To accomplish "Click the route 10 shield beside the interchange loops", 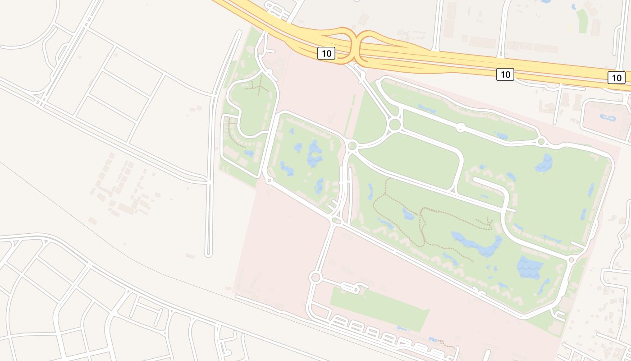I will click(x=326, y=53).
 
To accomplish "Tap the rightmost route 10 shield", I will click(x=617, y=78).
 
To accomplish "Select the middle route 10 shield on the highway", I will click(x=505, y=74).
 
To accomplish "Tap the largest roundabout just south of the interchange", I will click(x=395, y=124).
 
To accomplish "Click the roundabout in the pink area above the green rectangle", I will click(x=315, y=277).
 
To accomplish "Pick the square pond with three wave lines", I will click(x=530, y=267).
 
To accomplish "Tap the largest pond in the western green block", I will click(x=314, y=153).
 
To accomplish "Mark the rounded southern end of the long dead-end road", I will click(x=208, y=255).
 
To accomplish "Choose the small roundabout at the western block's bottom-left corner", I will click(x=269, y=181).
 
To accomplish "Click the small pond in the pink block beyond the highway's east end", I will click(x=607, y=118).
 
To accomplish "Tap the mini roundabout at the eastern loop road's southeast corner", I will click(x=572, y=259).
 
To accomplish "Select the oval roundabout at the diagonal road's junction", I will click(x=336, y=221).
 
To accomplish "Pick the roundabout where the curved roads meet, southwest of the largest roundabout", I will click(x=352, y=146).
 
